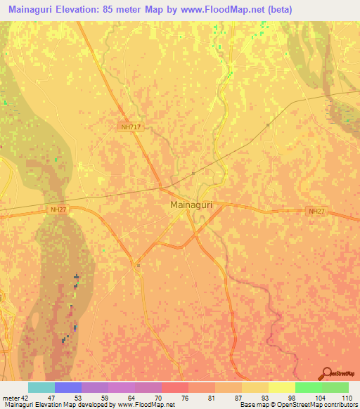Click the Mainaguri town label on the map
tap(191, 205)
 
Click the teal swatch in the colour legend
tap(41, 387)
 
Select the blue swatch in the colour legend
tap(68, 387)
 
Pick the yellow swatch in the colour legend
tap(281, 387)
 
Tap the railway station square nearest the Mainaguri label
tap(193, 172)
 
